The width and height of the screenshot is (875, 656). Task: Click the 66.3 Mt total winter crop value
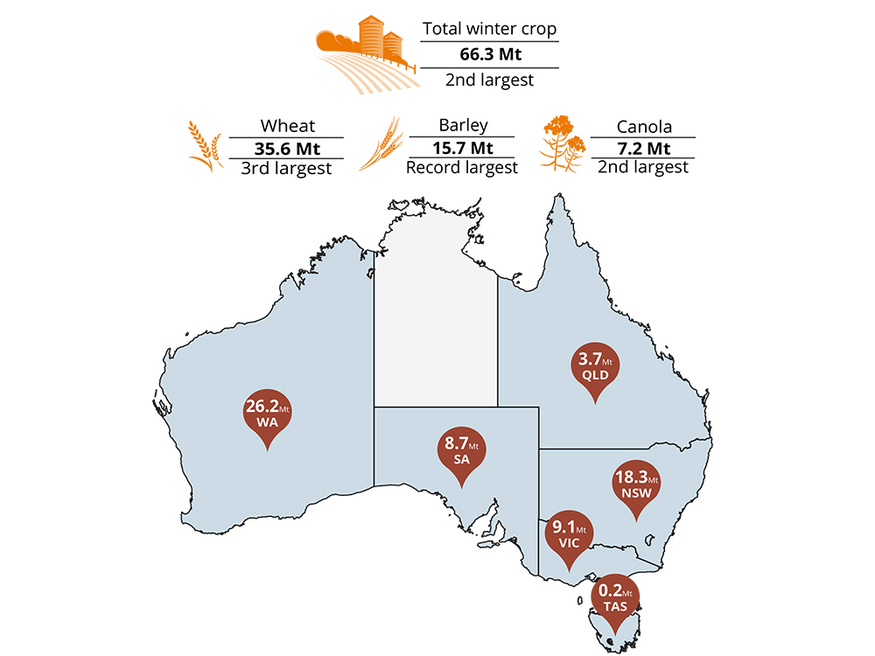(489, 54)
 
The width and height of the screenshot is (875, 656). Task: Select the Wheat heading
(286, 126)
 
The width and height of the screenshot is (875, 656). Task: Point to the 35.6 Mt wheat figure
(286, 147)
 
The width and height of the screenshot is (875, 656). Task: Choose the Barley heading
(463, 125)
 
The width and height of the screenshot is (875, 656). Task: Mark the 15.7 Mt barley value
(463, 146)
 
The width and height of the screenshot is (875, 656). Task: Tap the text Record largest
(462, 166)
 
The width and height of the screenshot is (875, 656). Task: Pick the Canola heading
(643, 127)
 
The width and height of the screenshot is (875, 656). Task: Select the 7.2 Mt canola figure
(643, 147)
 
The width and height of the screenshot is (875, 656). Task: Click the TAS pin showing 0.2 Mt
(618, 597)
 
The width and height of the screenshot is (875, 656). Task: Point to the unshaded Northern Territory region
(436, 315)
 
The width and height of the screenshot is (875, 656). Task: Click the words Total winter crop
(489, 29)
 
